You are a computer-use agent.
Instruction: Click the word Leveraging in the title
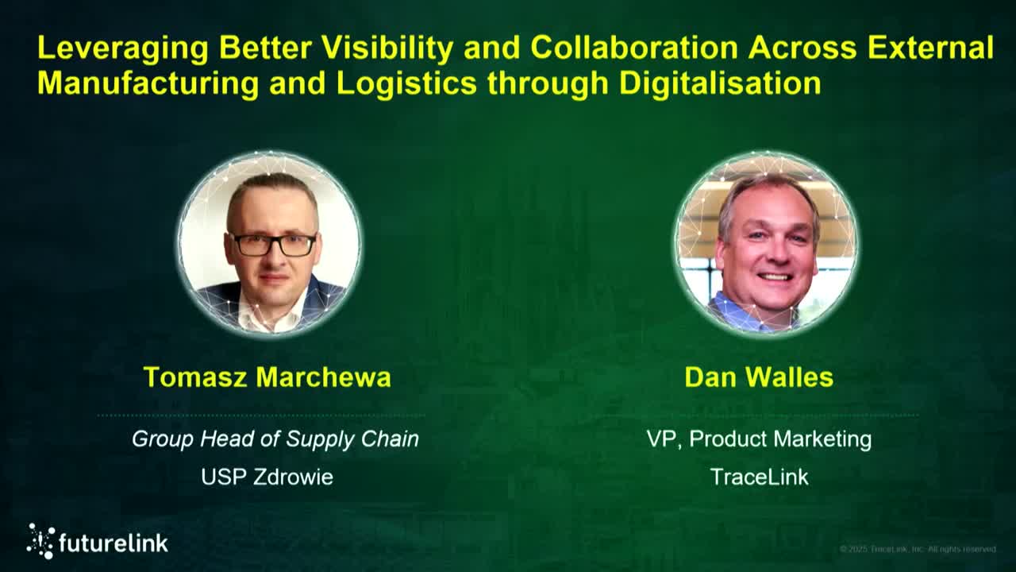[123, 49]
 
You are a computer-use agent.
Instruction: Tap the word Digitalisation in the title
[720, 83]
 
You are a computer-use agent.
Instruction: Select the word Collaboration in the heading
[634, 48]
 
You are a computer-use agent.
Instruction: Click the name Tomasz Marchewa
[267, 377]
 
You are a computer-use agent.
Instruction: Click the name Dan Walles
[759, 377]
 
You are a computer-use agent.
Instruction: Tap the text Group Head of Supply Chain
[275, 439]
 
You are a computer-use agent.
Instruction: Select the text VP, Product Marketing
[759, 439]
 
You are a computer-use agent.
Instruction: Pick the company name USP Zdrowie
[267, 477]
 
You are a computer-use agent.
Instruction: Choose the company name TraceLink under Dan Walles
[759, 477]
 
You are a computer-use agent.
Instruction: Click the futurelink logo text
[114, 543]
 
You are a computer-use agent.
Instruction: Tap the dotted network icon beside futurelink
[40, 541]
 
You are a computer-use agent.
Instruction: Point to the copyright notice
[918, 549]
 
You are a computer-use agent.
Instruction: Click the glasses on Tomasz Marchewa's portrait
[272, 245]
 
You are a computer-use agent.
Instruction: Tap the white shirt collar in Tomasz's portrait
[270, 314]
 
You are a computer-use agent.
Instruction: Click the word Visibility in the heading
[389, 48]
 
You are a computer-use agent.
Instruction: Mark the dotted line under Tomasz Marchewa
[262, 415]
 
